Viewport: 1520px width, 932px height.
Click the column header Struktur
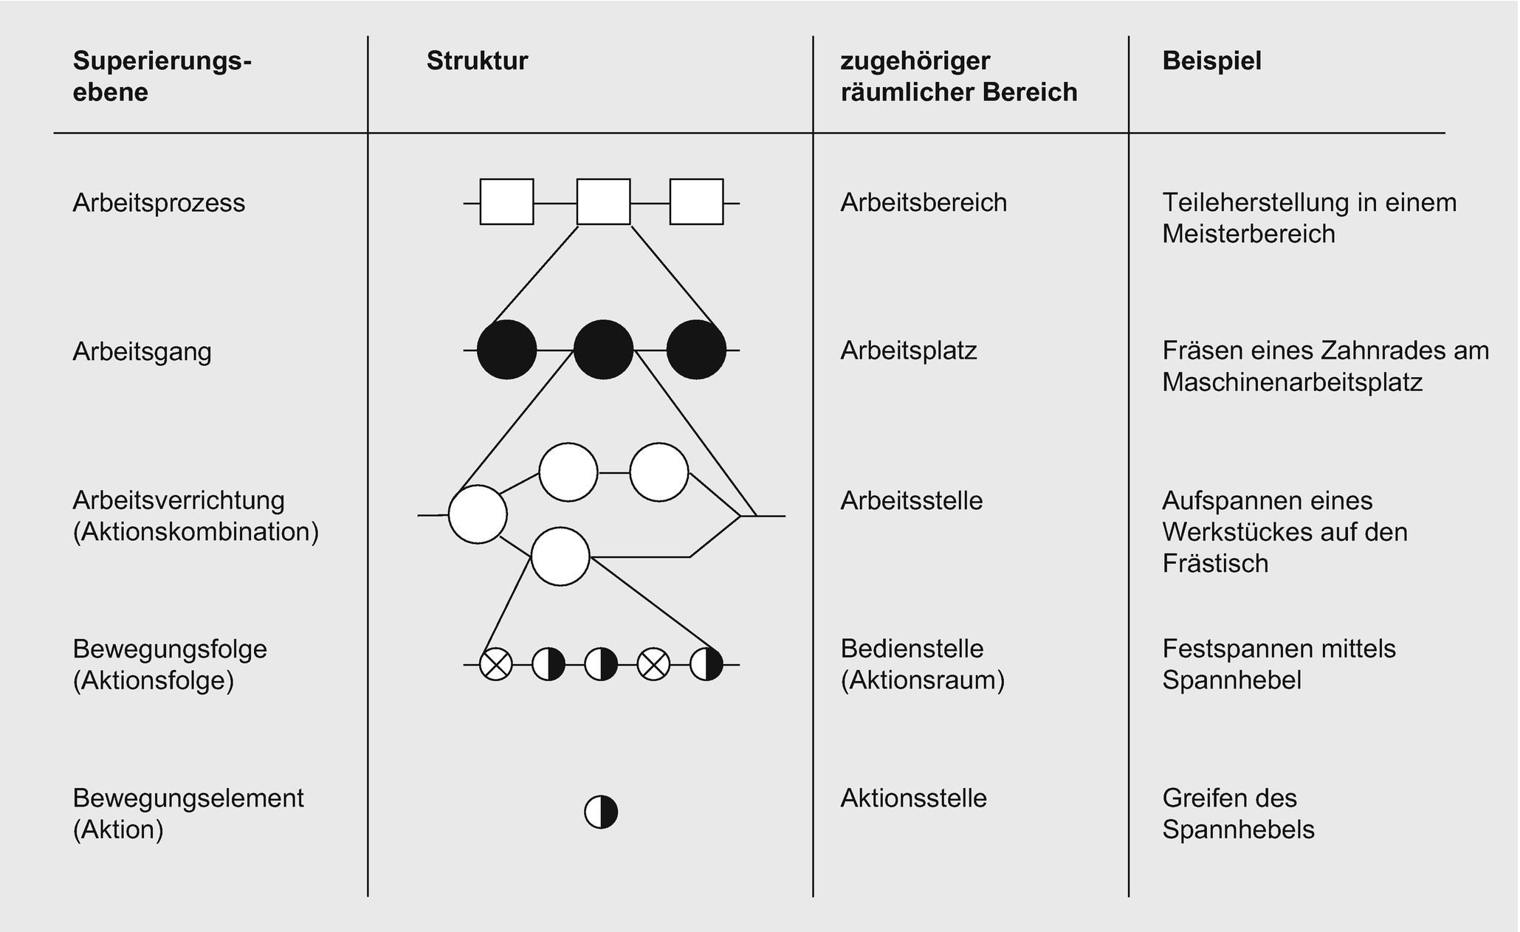click(x=477, y=61)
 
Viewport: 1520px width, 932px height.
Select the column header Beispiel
click(x=1211, y=61)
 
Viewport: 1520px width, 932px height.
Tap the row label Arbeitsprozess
click(x=159, y=203)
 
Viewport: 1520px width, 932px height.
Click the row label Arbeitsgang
click(x=142, y=351)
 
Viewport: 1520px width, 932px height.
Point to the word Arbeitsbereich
click(x=924, y=203)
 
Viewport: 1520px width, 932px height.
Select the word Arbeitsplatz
click(x=909, y=351)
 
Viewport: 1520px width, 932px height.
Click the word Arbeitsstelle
click(x=912, y=501)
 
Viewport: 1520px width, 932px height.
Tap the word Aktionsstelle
click(x=913, y=798)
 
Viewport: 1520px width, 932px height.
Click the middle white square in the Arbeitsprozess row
click(x=603, y=201)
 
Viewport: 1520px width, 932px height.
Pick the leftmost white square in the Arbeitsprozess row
click(x=506, y=201)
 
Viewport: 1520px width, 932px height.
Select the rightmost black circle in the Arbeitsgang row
click(x=696, y=350)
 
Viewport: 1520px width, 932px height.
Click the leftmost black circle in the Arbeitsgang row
click(x=506, y=350)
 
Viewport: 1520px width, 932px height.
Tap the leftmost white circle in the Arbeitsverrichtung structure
click(x=478, y=514)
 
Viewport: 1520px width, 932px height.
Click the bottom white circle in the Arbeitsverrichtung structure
click(x=560, y=556)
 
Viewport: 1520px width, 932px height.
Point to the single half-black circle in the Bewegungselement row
click(x=601, y=812)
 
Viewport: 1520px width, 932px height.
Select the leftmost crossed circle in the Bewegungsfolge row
click(x=496, y=665)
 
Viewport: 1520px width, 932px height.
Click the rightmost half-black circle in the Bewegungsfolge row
click(x=706, y=665)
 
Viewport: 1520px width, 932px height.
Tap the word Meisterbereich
click(x=1248, y=235)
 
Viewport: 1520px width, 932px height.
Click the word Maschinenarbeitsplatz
click(x=1292, y=383)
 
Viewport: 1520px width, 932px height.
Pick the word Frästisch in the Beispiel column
click(x=1215, y=564)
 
